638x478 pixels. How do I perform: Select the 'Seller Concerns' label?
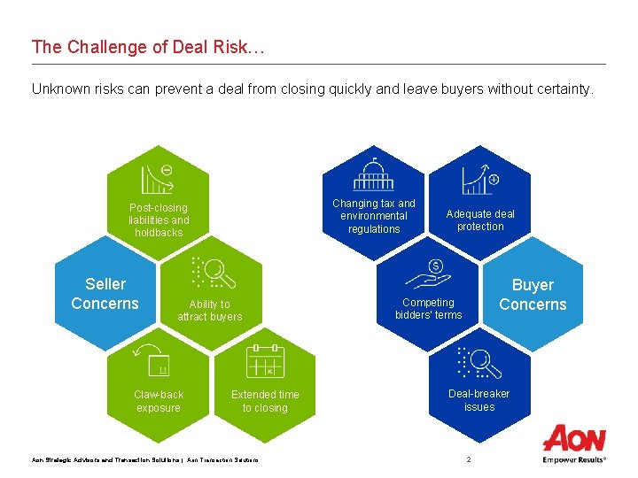(105, 294)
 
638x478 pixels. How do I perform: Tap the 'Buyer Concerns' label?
(532, 295)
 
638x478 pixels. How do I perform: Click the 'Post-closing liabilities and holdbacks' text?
(159, 220)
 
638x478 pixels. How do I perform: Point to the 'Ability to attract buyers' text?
(209, 311)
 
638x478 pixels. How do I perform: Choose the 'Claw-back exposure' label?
(159, 401)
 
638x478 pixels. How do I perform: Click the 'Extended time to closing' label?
(265, 401)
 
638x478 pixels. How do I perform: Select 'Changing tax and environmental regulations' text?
(373, 216)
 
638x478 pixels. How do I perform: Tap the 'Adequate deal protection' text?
(479, 220)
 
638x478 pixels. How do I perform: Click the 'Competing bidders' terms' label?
(428, 309)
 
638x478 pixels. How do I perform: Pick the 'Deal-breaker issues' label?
(478, 400)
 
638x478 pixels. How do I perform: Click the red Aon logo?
(574, 439)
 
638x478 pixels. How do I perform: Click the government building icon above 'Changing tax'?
(373, 175)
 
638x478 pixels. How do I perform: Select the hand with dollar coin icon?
(428, 275)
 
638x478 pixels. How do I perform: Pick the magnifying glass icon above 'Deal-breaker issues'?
(479, 362)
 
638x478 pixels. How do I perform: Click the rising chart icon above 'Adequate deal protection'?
(479, 179)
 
